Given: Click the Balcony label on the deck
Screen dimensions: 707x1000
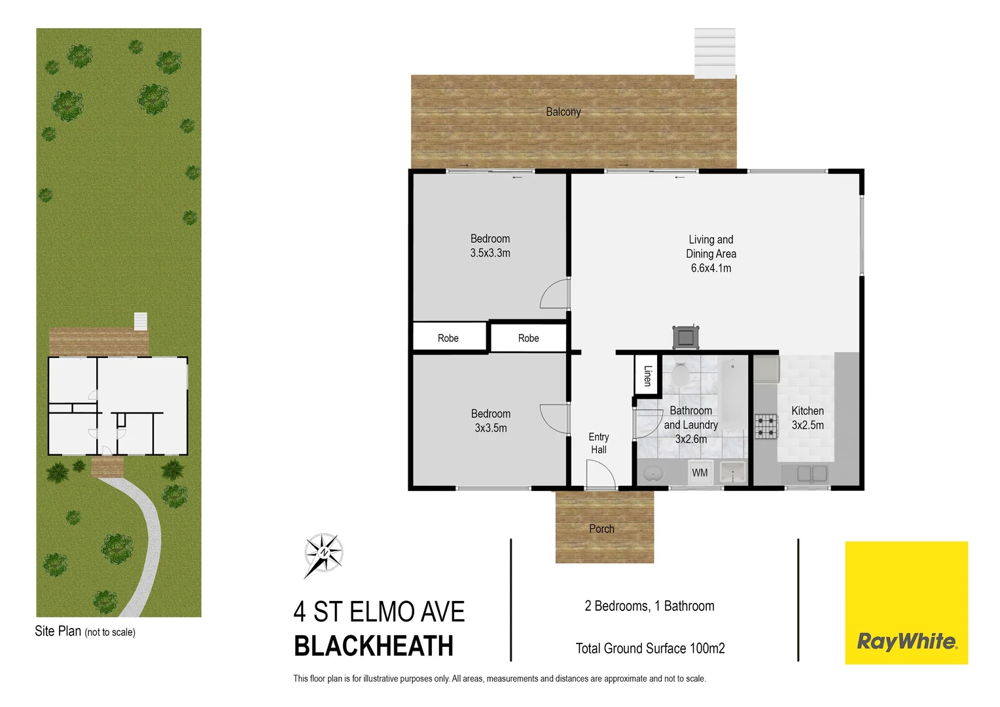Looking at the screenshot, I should [x=563, y=112].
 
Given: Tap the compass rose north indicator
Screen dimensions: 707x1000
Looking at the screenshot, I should [x=323, y=554].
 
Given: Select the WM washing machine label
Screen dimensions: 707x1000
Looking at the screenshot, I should [x=700, y=473].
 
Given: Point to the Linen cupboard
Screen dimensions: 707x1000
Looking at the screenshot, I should [x=647, y=375].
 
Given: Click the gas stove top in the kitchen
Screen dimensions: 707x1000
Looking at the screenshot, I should [x=766, y=426].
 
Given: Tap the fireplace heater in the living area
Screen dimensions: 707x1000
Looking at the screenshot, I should [x=685, y=337].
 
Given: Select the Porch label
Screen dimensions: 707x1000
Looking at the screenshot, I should [x=601, y=529].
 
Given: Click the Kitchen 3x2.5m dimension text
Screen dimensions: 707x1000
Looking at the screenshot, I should [x=808, y=425].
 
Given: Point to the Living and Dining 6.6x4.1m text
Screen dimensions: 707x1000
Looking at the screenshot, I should [x=711, y=268].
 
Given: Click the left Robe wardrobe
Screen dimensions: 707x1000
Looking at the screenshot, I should [x=448, y=338].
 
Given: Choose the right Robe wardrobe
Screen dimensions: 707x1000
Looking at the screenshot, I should [x=528, y=338].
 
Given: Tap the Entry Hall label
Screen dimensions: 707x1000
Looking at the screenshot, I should [x=598, y=443].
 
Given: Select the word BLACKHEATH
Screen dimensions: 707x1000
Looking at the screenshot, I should [x=374, y=646].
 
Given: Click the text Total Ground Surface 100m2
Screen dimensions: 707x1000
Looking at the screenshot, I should [x=650, y=648].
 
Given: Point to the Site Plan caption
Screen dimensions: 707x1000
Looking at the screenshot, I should [x=85, y=632].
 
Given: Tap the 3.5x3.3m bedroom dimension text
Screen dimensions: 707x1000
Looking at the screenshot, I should [x=490, y=253].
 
